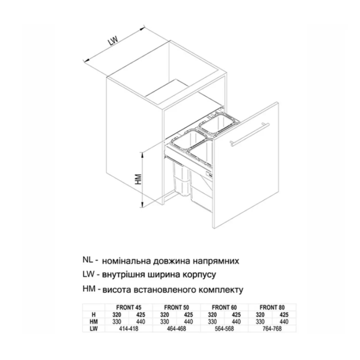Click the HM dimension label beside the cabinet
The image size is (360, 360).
pos(138,179)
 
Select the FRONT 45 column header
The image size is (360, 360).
pos(129,307)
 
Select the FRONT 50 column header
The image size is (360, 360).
pos(176,307)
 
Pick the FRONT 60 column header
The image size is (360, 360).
pos(224,307)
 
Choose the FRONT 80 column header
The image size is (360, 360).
pos(272,307)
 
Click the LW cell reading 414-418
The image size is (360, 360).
pos(129,329)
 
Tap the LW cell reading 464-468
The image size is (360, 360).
pos(176,329)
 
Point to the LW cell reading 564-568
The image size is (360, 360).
pos(224,329)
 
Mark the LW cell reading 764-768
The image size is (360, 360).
pos(272,329)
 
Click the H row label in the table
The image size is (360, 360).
pos(94,314)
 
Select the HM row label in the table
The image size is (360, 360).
pos(94,321)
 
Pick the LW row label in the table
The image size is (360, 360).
pos(94,329)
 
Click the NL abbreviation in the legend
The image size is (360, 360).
pos(88,260)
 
